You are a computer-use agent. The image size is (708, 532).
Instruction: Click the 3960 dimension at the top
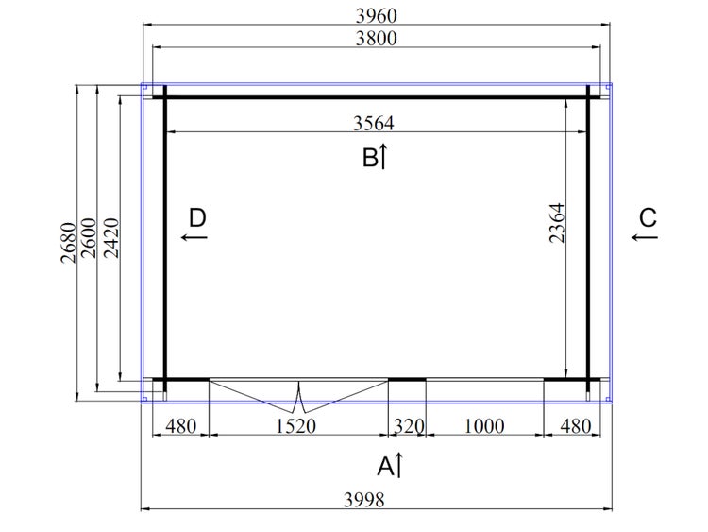[x=376, y=16]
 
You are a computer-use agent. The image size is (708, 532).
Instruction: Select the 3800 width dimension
[x=376, y=39]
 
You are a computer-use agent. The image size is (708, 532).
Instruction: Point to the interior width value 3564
[x=374, y=123]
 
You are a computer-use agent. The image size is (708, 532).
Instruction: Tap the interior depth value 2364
[x=557, y=223]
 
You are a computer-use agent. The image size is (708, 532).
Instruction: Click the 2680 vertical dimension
[x=69, y=243]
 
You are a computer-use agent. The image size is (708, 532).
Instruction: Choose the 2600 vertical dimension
[x=89, y=238]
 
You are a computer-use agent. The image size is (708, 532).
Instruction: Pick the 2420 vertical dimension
[x=111, y=238]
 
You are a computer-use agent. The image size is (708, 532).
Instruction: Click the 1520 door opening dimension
[x=295, y=426]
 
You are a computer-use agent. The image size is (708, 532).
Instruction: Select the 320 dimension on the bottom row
[x=409, y=426]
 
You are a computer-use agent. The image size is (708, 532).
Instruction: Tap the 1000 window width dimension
[x=484, y=426]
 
